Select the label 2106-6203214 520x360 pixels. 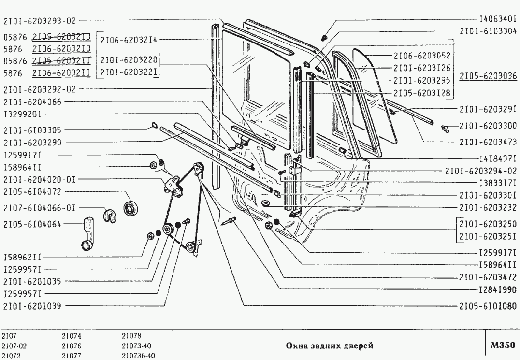(129, 40)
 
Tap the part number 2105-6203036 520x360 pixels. (488, 76)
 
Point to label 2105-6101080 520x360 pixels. (488, 306)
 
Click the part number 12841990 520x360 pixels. (498, 289)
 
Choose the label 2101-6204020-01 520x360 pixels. (39, 179)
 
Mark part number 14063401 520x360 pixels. (498, 20)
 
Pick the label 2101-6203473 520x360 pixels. (488, 142)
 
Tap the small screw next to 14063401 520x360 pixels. (325, 37)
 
